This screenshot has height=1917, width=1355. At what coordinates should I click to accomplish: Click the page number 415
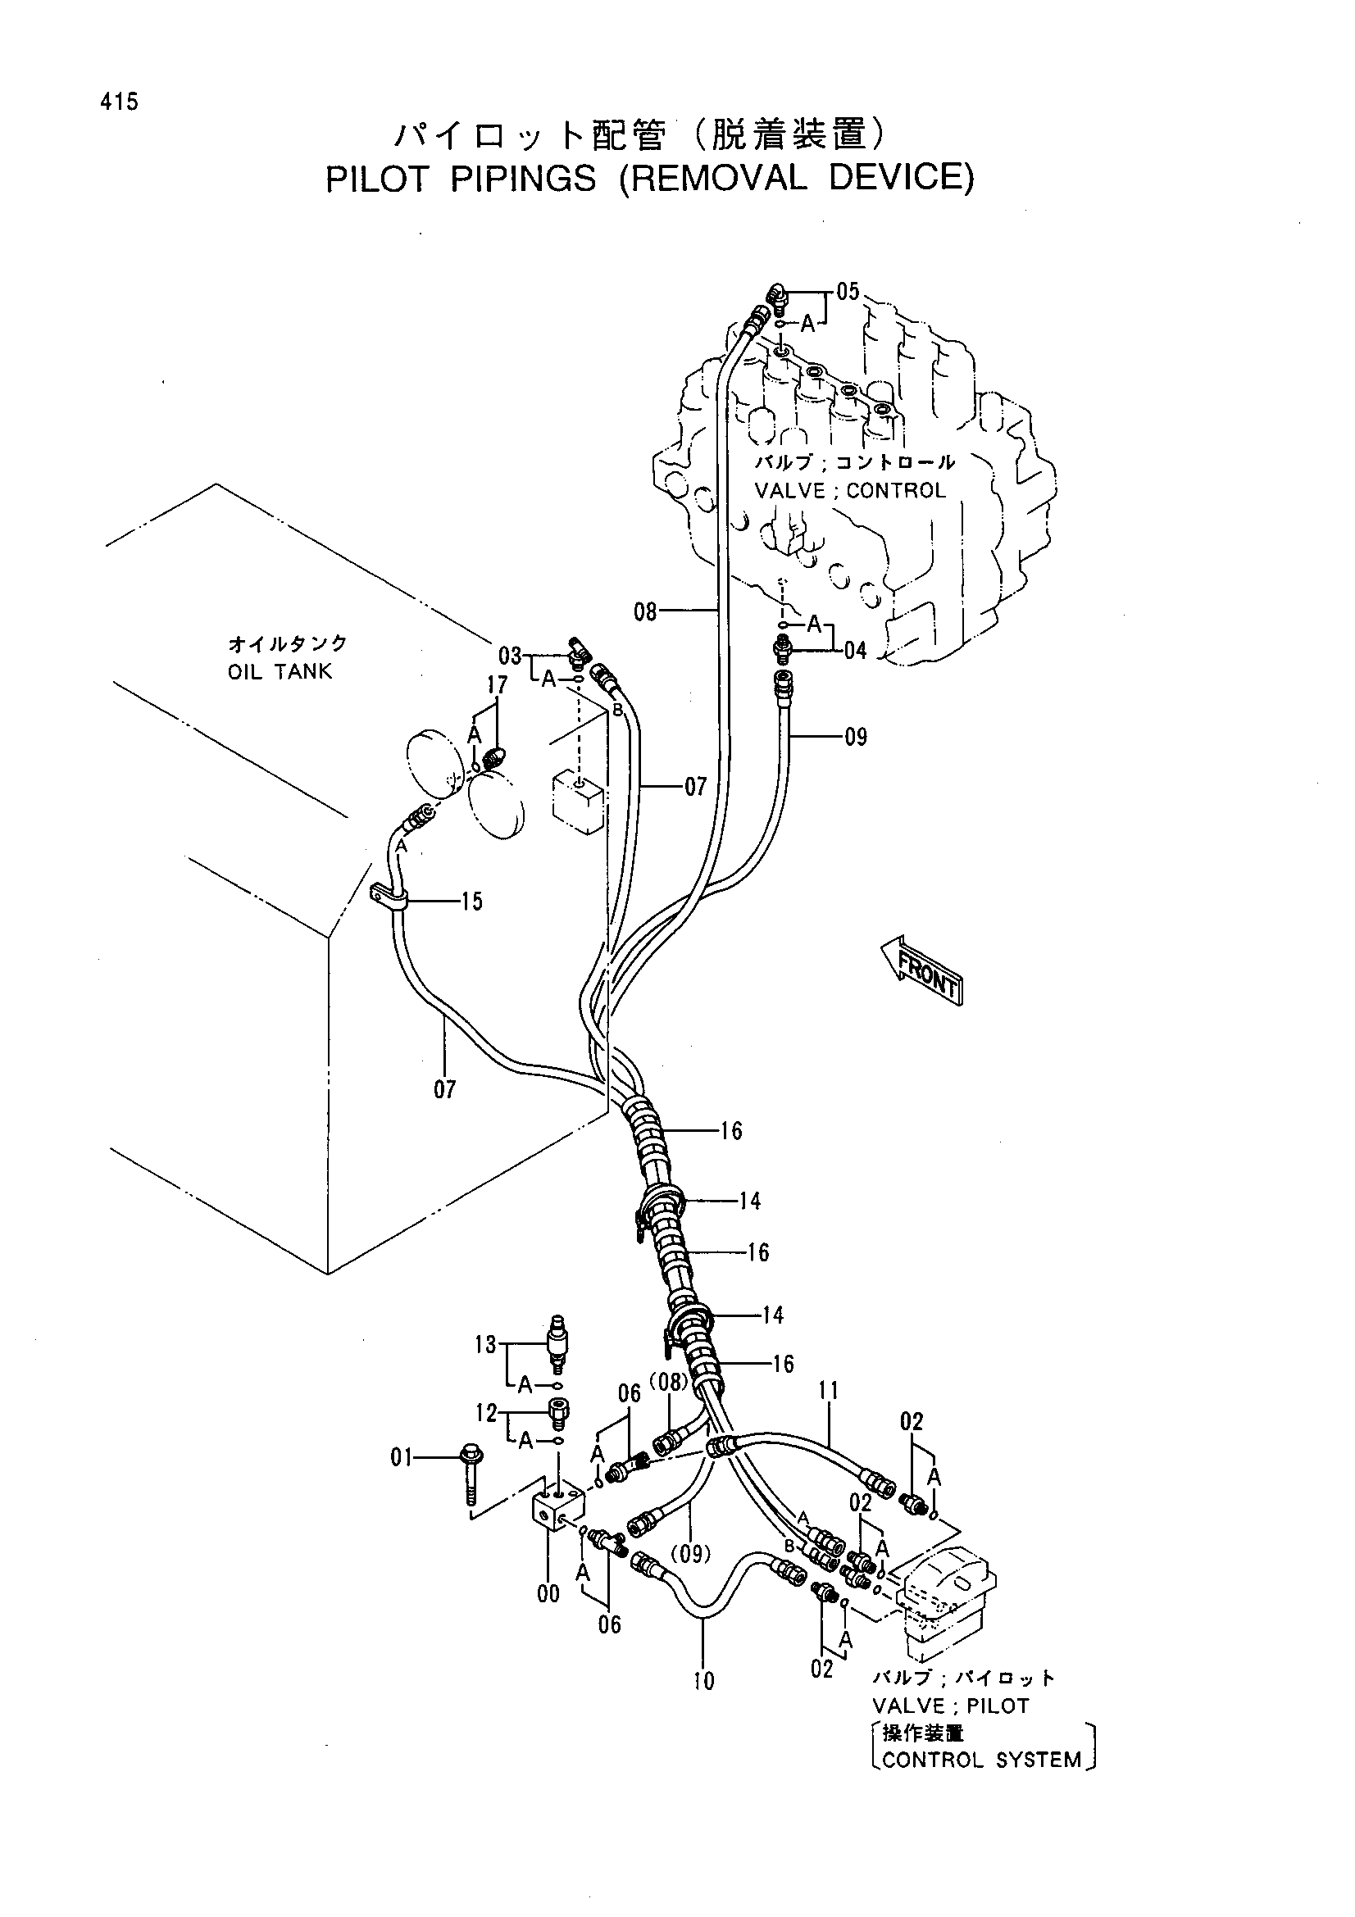point(119,102)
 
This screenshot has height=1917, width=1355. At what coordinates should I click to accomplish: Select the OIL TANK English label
point(280,671)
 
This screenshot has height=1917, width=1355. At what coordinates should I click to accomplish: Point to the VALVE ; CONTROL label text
point(850,490)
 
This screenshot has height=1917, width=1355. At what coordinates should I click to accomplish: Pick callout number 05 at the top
point(847,292)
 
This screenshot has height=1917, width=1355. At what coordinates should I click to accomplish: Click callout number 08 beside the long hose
point(645,612)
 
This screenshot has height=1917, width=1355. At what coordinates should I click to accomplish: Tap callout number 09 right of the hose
point(856,737)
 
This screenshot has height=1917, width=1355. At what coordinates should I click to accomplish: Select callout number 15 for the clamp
point(471,901)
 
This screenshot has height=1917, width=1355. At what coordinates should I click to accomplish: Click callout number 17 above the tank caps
point(498,685)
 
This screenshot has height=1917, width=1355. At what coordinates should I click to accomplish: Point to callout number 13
point(485,1345)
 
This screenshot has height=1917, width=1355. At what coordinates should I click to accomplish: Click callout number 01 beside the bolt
point(402,1457)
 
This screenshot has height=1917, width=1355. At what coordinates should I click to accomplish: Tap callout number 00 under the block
point(548,1594)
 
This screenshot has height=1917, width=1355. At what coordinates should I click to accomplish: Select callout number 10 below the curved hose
point(704,1681)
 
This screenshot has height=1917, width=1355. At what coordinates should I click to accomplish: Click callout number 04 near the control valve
point(855,650)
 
